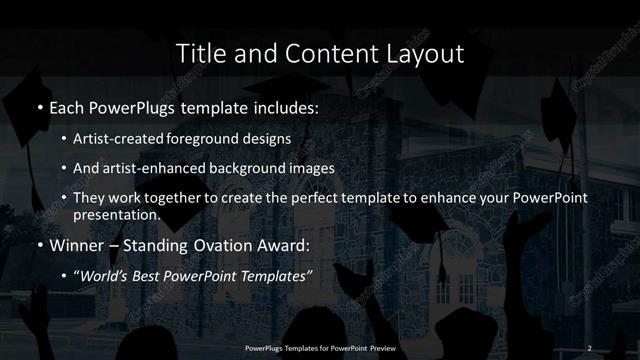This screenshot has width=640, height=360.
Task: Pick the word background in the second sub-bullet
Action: (256, 168)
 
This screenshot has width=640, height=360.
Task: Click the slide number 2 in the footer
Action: (590, 347)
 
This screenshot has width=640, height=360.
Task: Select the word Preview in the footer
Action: (381, 347)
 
